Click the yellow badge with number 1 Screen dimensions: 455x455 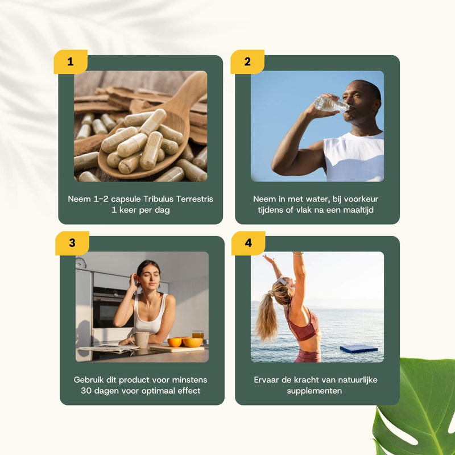[71, 61]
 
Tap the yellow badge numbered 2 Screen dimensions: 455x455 [247, 61]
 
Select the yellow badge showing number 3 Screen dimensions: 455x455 [72, 243]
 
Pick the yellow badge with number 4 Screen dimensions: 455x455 [248, 243]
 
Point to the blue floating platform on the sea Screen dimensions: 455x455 [358, 348]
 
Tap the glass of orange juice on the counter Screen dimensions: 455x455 [197, 336]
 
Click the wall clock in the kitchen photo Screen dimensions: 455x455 [81, 262]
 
